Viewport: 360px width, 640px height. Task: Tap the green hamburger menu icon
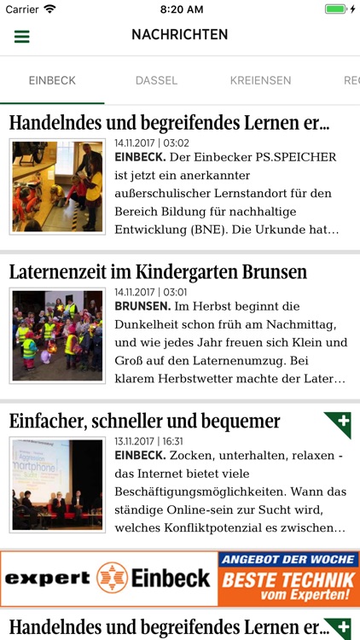22,37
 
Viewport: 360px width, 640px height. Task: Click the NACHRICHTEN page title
179,35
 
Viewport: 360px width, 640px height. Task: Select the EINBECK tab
52,81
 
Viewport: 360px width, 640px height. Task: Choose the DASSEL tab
156,81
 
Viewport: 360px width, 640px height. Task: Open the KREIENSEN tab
260,81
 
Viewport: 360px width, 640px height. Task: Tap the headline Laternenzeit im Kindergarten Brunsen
158,272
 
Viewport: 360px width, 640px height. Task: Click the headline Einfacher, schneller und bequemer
145,421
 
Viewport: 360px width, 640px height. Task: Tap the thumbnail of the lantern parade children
57,335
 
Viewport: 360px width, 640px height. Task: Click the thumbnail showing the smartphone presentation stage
57,484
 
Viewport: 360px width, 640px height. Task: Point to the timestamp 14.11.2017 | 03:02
152,143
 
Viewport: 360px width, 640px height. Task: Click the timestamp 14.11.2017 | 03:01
152,292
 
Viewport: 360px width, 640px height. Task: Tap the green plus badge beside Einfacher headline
339,424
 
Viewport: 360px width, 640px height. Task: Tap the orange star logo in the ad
112,578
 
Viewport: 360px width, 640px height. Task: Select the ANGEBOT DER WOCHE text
287,560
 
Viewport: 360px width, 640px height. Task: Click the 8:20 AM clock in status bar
179,9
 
